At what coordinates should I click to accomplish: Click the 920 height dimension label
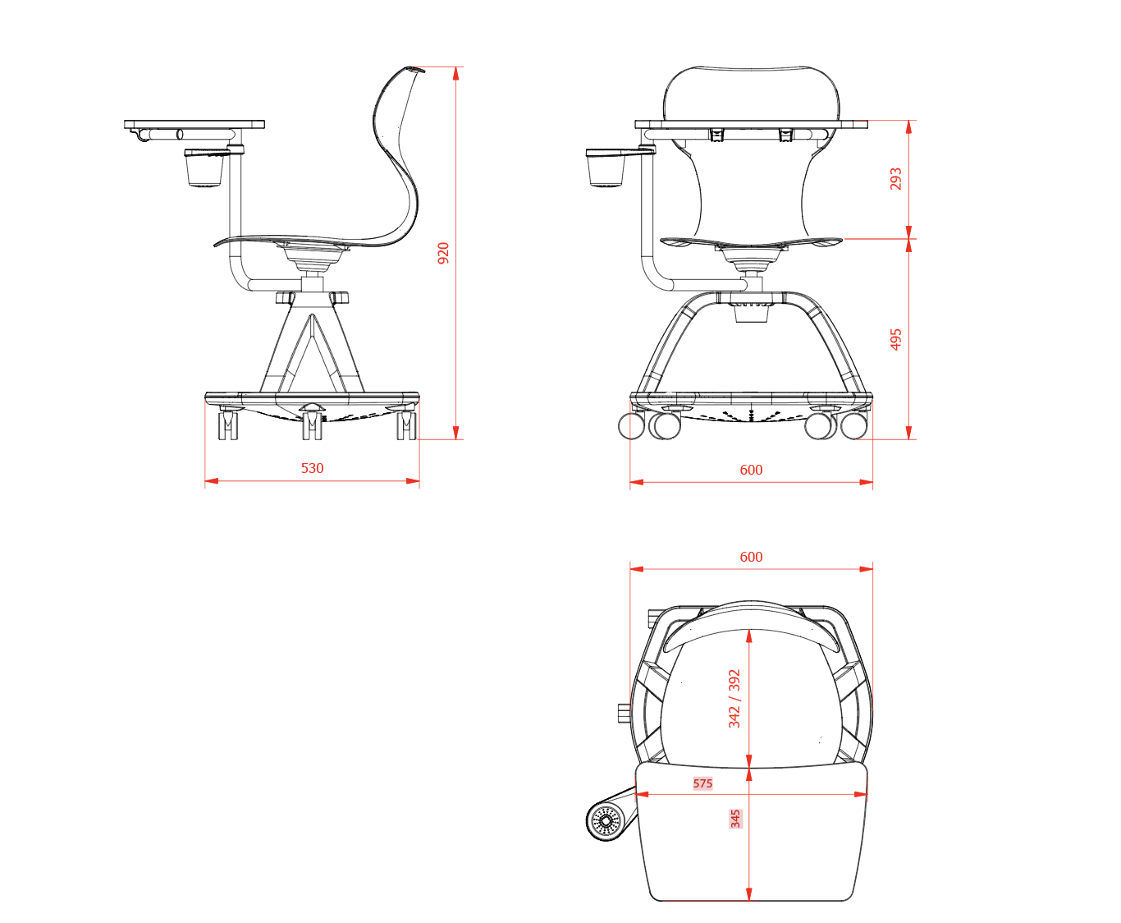[x=443, y=253]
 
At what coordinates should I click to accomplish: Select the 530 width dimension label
[x=312, y=468]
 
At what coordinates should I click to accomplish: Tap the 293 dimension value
[x=895, y=179]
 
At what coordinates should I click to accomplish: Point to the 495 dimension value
[x=895, y=339]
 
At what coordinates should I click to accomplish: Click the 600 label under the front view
[x=751, y=470]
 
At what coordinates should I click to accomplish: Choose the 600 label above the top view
[x=751, y=557]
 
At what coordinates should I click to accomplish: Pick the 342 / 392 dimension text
[x=734, y=699]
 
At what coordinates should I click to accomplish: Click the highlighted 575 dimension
[x=702, y=783]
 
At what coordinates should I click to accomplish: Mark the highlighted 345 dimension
[x=735, y=819]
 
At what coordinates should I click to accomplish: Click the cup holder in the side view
[x=204, y=168]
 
